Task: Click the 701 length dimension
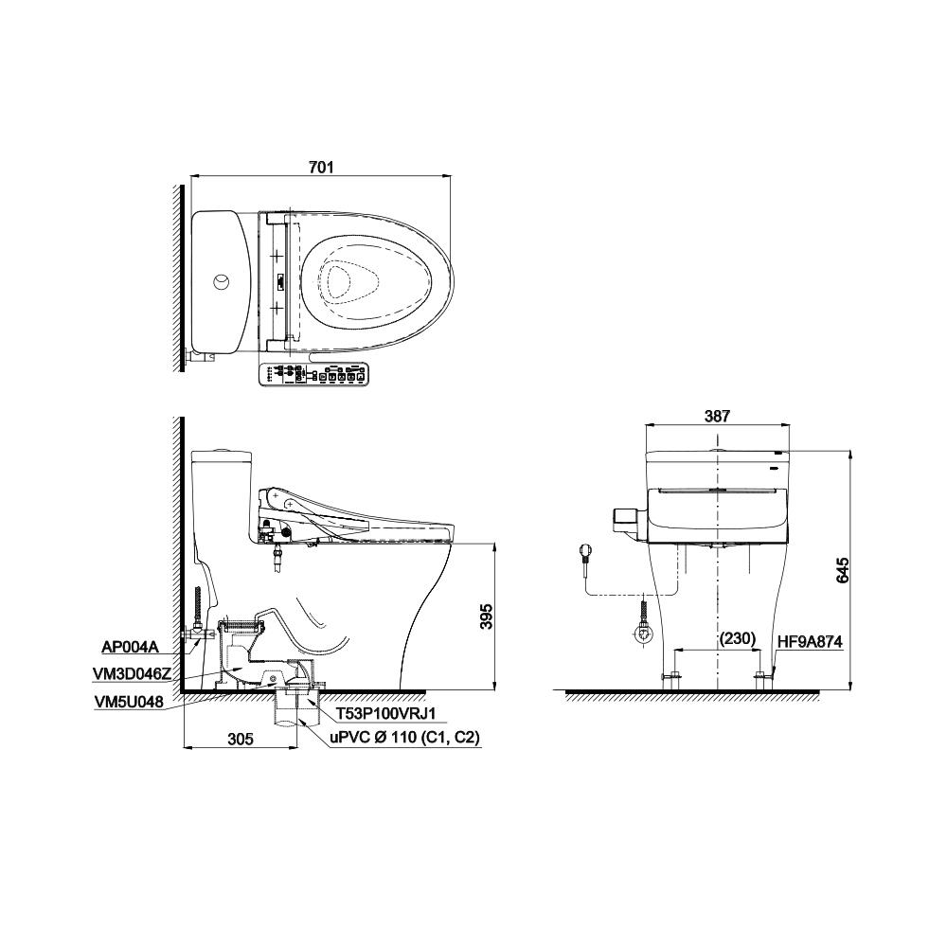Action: [x=321, y=168]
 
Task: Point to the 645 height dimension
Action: [x=843, y=569]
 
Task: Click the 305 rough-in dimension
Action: [x=241, y=740]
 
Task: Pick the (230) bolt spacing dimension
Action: [x=737, y=638]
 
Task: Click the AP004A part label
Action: [x=131, y=648]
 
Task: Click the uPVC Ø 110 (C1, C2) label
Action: [x=404, y=736]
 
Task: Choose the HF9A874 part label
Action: [x=809, y=641]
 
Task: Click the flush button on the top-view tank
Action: [x=221, y=282]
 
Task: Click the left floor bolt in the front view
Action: [x=672, y=676]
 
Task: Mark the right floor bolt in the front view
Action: [x=761, y=676]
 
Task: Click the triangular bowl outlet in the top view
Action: [x=348, y=281]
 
